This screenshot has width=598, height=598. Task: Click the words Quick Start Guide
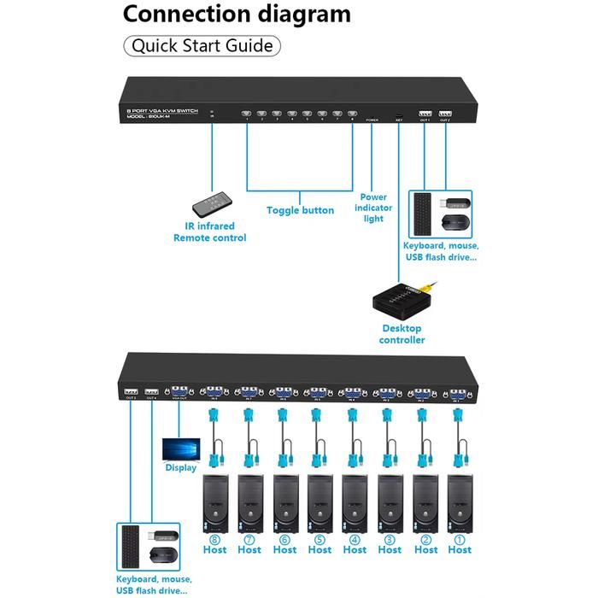pos(202,45)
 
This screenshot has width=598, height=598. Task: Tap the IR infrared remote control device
pos(208,202)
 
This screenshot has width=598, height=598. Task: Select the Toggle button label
pos(300,210)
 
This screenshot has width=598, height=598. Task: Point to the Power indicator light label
pos(373,208)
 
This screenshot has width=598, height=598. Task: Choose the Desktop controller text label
pos(402,334)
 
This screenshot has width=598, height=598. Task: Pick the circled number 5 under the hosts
pos(320,538)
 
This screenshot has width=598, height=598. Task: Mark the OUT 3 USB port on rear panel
pos(131,390)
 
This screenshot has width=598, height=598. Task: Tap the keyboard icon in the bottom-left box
pos(132,548)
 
